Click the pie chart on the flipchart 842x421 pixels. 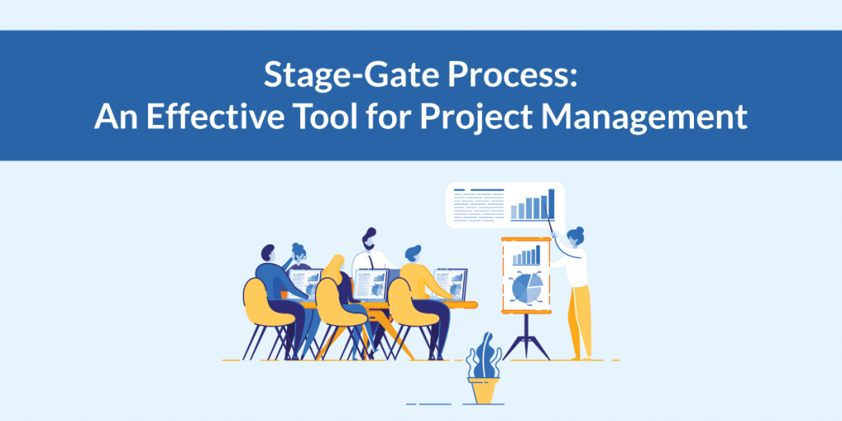point(526,288)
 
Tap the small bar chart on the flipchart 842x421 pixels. point(526,255)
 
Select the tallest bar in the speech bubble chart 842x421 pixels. point(551,205)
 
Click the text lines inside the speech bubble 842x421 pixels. point(476,206)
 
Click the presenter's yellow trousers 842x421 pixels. point(579,321)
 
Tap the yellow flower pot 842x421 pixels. point(484,391)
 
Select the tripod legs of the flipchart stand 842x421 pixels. point(526,337)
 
